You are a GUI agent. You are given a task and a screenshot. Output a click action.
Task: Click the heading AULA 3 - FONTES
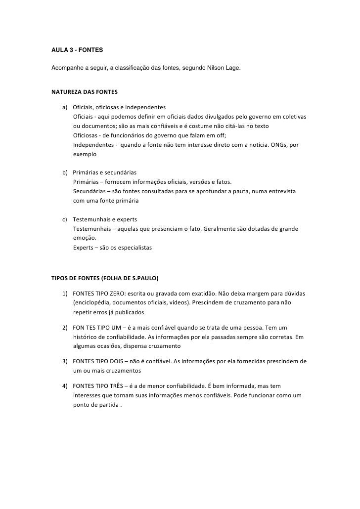click(77, 50)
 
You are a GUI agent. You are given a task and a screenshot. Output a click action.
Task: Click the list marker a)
click(65, 108)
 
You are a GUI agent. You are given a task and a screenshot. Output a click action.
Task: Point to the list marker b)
click(65, 172)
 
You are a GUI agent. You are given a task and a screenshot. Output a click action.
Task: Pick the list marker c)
click(65, 219)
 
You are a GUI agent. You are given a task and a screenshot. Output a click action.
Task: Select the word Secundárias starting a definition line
click(90, 191)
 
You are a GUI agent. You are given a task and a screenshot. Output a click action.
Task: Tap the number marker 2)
click(65, 328)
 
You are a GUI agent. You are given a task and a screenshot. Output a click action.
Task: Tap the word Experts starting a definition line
click(83, 248)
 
